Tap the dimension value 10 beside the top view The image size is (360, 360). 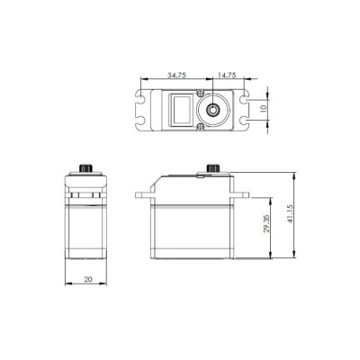point(262,108)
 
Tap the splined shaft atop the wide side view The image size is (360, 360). point(213,168)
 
